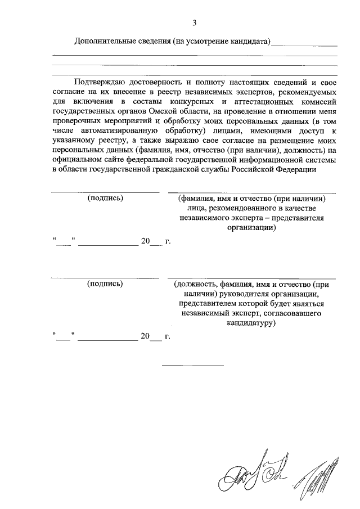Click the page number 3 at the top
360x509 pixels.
point(194,23)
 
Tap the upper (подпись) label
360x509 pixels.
point(105,199)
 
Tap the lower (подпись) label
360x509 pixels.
point(105,284)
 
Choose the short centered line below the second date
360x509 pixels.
point(193,366)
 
